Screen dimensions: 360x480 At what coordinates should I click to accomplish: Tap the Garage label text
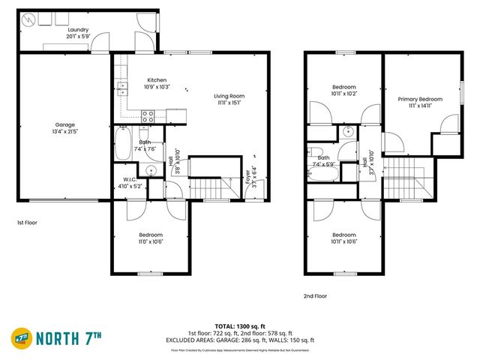(x=65, y=125)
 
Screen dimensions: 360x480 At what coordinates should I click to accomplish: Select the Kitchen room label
(x=157, y=80)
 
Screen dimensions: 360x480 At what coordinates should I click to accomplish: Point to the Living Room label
(x=229, y=96)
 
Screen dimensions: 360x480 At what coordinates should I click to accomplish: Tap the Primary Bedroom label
(x=419, y=99)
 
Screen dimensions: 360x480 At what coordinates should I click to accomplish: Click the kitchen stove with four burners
(x=148, y=115)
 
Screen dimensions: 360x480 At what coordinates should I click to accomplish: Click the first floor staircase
(x=208, y=186)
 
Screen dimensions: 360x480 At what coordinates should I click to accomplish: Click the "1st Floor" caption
(x=27, y=223)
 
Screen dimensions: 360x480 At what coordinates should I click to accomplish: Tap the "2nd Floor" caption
(x=316, y=295)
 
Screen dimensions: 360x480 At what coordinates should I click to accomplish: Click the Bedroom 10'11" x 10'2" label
(x=343, y=91)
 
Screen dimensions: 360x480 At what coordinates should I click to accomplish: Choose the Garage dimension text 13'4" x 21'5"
(x=65, y=131)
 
